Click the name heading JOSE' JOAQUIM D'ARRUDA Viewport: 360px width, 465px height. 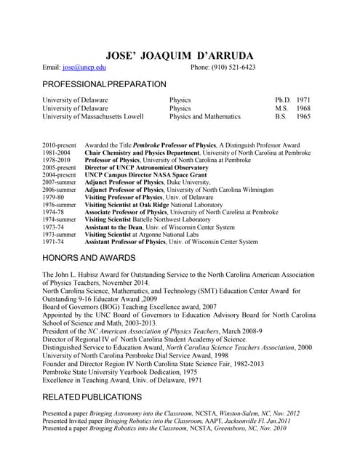tap(179, 54)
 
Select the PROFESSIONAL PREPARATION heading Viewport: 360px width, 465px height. tap(104, 85)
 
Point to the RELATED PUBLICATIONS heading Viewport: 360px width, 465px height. tap(92, 397)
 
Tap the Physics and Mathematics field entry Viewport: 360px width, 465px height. tap(204, 116)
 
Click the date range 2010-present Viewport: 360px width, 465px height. tap(59, 145)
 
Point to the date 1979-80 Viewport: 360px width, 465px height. tap(53, 197)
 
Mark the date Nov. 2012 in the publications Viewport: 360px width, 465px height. tap(284, 413)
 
